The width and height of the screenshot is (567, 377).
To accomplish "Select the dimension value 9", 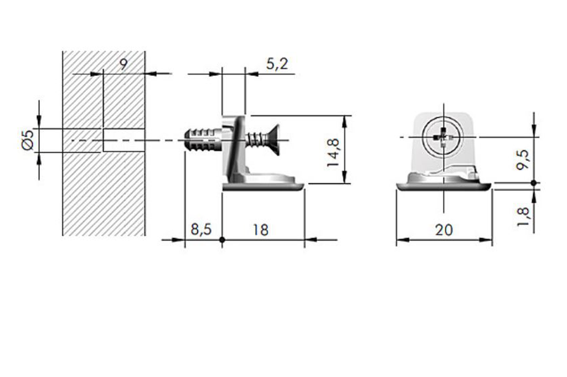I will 123,64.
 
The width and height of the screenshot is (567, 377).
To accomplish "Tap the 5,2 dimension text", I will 277,64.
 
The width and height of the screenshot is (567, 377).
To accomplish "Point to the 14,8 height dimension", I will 333,150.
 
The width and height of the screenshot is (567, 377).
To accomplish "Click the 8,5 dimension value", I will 201,229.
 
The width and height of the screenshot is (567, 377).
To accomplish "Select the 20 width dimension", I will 444,229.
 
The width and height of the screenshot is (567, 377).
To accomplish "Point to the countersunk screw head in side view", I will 272,137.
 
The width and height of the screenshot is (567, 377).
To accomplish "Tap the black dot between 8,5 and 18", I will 222,240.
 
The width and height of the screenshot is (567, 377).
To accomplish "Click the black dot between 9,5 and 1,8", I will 534,182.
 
